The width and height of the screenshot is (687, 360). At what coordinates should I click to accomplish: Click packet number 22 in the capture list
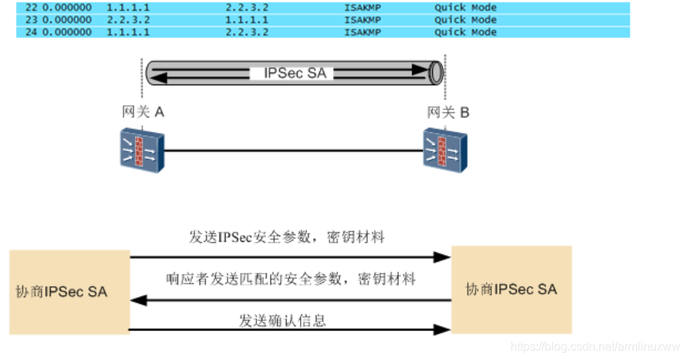click(30, 7)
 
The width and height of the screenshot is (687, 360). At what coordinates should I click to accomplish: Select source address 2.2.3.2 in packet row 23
click(129, 20)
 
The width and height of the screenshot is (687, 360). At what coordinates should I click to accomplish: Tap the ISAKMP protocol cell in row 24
click(362, 33)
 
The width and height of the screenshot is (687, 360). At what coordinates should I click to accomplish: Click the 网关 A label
click(143, 112)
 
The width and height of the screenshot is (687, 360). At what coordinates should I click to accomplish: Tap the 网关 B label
click(448, 112)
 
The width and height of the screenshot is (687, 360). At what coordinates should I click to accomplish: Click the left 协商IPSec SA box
click(69, 291)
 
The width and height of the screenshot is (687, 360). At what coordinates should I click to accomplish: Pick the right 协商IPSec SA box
click(511, 289)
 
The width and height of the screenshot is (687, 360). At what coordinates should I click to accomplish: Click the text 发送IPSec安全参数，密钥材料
click(287, 237)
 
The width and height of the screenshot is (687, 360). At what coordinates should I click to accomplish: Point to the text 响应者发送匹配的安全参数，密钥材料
click(291, 279)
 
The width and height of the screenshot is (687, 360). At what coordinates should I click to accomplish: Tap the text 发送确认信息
click(282, 320)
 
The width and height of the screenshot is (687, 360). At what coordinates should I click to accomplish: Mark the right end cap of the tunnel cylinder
click(436, 72)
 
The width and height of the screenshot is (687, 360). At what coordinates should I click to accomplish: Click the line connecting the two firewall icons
click(293, 150)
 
